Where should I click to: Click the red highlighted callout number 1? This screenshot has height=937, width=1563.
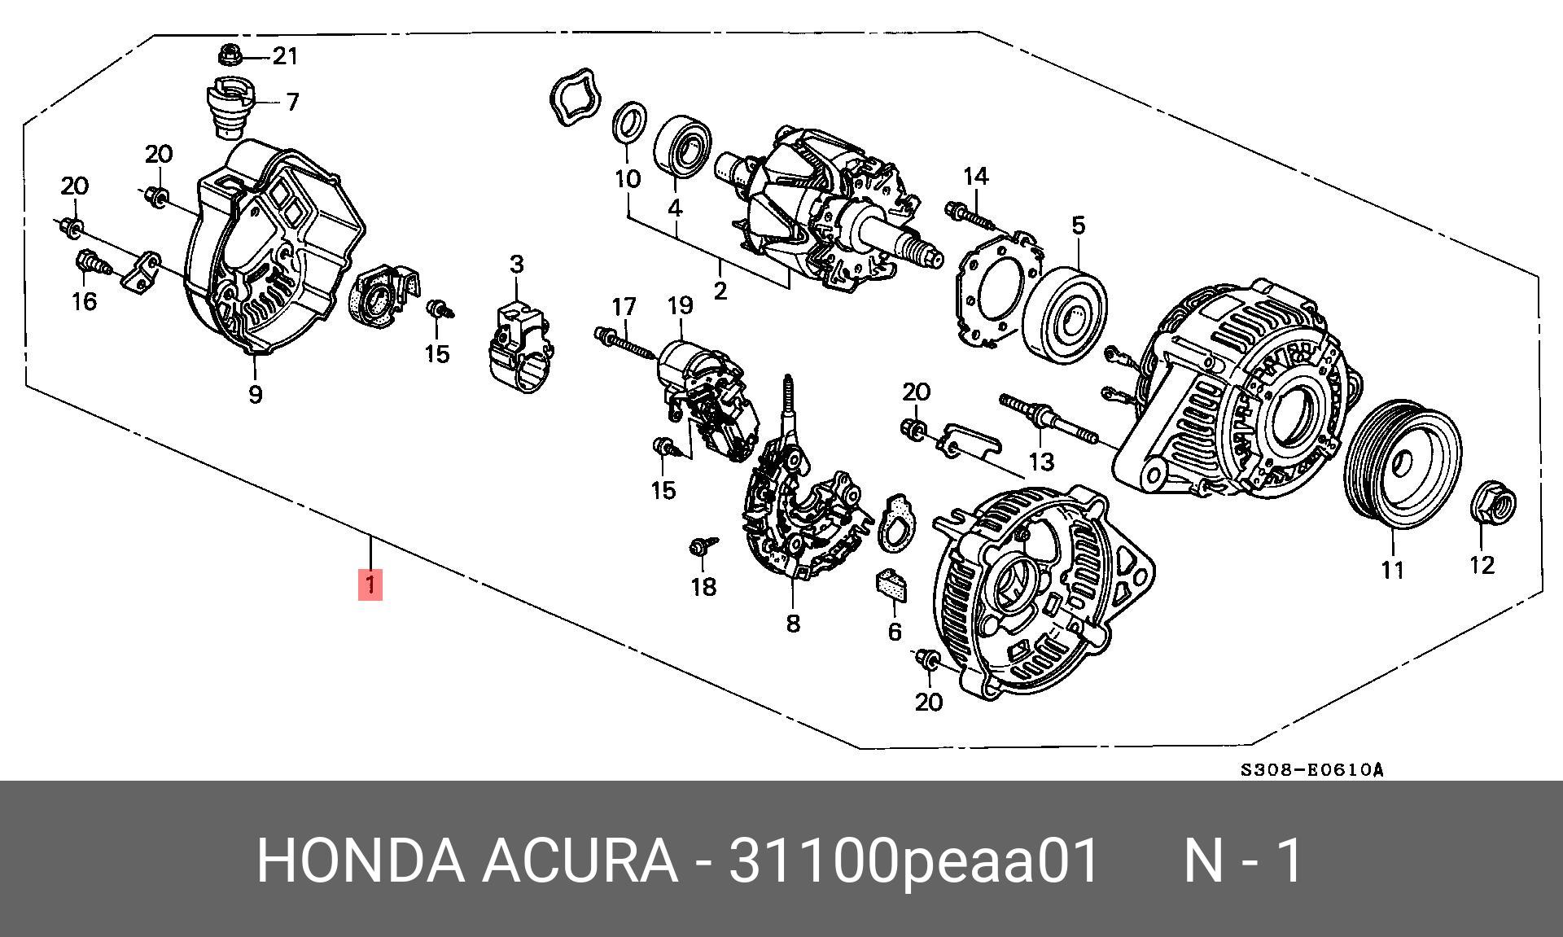(370, 585)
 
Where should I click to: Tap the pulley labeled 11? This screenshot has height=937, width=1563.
(1401, 462)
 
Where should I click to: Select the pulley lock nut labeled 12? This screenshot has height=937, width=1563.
(1495, 502)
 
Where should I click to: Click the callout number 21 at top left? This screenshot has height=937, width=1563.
(285, 56)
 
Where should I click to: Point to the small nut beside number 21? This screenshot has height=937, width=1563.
(229, 56)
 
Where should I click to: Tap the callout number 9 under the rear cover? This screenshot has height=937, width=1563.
(255, 395)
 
